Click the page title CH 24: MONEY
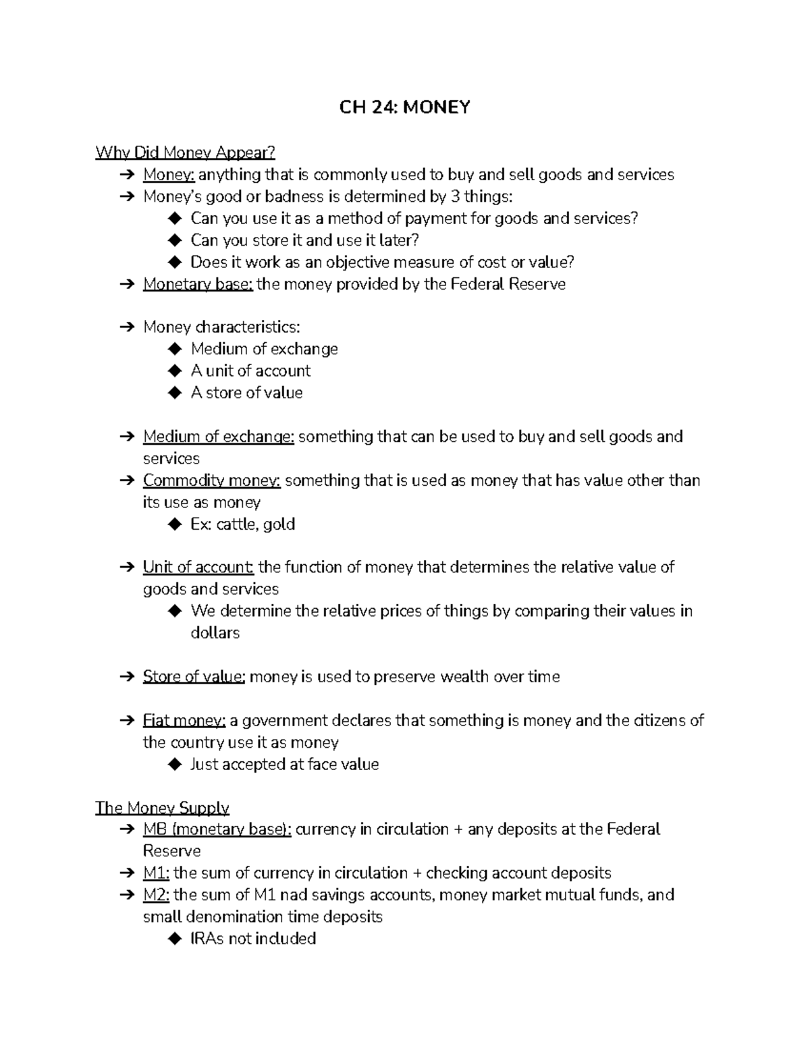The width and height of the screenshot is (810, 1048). [404, 107]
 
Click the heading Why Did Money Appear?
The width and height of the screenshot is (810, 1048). [185, 153]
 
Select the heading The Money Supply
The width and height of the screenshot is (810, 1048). [162, 808]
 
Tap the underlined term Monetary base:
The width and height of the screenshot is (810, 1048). [198, 284]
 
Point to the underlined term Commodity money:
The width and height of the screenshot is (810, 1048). [211, 480]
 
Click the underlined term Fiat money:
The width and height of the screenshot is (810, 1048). [184, 721]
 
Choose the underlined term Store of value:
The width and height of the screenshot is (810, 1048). [194, 677]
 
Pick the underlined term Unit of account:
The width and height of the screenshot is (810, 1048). [198, 567]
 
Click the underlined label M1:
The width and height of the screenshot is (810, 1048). [156, 873]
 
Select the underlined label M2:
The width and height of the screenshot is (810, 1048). [157, 895]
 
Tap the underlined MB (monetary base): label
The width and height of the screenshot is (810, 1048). [217, 829]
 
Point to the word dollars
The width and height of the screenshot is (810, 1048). [215, 633]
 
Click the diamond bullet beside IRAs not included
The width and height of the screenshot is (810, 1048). [175, 939]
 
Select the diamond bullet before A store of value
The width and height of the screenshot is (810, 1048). [175, 393]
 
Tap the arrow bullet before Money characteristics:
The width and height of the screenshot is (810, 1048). [127, 327]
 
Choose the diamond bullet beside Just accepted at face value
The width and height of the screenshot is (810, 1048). [175, 765]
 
